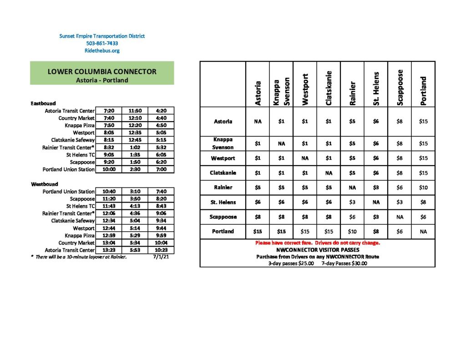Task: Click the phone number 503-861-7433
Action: coord(102,43)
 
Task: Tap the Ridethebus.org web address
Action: coord(102,51)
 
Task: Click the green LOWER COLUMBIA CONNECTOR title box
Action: coord(102,73)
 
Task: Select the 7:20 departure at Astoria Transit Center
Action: coord(109,111)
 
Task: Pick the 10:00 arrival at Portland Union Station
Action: coord(109,169)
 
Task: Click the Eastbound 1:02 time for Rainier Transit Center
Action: coord(135,147)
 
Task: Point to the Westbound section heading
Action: coord(45,184)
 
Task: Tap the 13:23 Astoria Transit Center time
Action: coord(109,250)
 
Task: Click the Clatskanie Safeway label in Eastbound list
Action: coord(70,140)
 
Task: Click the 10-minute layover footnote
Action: coord(78,257)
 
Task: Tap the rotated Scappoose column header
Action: coord(400,87)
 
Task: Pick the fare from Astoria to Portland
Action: coord(423,122)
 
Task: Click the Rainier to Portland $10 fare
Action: coord(423,188)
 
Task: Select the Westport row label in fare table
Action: coord(223,158)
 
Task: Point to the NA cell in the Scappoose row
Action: coord(400,217)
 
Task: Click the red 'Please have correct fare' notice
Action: coord(317,243)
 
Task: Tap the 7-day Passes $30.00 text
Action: coord(344,263)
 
